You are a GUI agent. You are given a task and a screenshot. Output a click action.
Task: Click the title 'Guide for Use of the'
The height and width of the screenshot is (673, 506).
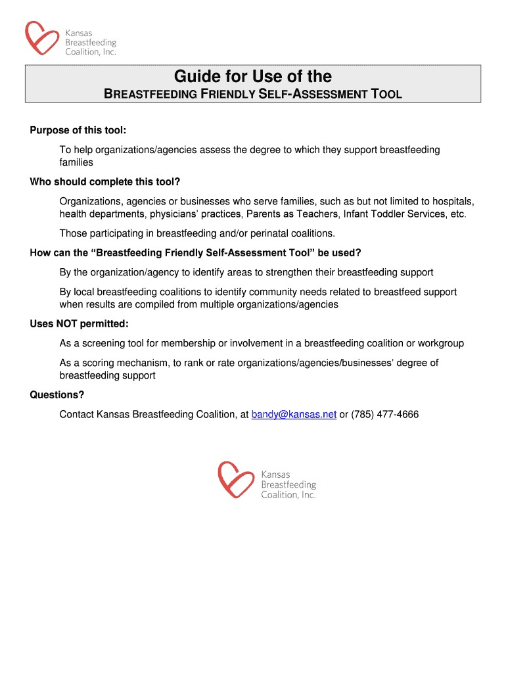tap(253, 77)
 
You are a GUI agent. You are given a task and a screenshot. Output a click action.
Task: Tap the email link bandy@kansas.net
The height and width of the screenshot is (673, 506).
tap(294, 415)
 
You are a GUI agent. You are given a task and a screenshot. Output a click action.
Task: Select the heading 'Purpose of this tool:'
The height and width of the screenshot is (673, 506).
tap(78, 129)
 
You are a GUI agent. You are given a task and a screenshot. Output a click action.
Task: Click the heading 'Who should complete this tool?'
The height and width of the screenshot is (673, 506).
tap(105, 182)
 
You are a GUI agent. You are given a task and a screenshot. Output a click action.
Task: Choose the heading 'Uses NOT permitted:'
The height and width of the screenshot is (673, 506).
tap(79, 324)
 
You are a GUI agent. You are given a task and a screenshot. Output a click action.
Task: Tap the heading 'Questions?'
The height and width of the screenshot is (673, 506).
tap(57, 395)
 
